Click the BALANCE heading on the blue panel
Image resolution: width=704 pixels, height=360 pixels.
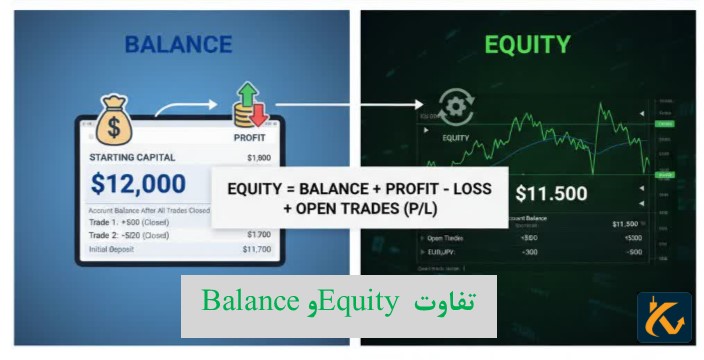point(179,45)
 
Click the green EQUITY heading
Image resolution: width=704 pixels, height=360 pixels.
point(527,45)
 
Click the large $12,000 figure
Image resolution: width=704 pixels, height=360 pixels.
point(138,184)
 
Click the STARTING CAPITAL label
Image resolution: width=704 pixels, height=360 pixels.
point(132,157)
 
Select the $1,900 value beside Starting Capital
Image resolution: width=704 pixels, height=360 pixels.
point(259,157)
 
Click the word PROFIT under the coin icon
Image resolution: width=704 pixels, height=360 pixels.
point(249,138)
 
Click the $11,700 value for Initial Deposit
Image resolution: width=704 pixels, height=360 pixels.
point(259,248)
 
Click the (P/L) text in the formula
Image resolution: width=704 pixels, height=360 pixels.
point(409,207)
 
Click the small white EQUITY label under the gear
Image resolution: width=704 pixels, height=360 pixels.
point(456,137)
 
